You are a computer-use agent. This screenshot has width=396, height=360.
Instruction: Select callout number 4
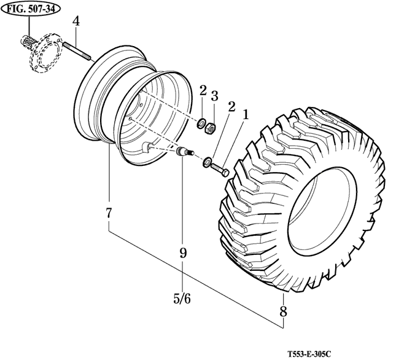pyautogui.click(x=76, y=22)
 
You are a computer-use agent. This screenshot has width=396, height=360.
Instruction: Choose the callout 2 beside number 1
pyautogui.click(x=231, y=106)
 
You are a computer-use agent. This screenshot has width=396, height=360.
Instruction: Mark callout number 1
pyautogui.click(x=245, y=114)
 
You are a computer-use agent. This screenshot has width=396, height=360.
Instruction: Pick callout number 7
pyautogui.click(x=109, y=213)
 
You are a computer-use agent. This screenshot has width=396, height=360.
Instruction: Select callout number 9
pyautogui.click(x=182, y=252)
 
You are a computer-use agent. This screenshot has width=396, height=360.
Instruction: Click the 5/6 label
pyautogui.click(x=182, y=299)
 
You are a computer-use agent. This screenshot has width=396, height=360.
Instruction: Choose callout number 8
pyautogui.click(x=283, y=311)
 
